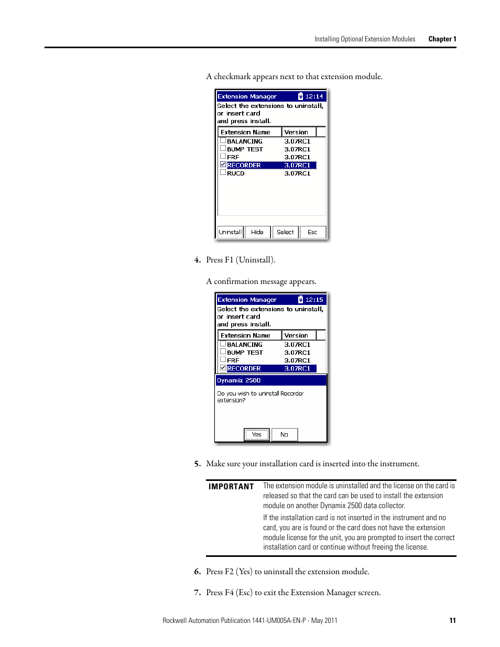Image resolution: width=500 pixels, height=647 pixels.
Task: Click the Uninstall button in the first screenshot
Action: (230, 232)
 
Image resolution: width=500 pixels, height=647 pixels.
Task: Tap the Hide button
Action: (257, 232)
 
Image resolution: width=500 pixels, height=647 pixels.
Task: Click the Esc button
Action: (312, 232)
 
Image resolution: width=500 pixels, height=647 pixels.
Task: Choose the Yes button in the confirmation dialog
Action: (257, 434)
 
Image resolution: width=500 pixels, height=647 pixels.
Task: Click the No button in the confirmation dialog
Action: (284, 434)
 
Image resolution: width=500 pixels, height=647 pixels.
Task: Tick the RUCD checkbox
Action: (223, 172)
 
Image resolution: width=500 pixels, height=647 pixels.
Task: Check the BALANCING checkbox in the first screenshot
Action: (223, 140)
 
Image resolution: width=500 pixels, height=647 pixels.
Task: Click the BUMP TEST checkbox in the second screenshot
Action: (223, 352)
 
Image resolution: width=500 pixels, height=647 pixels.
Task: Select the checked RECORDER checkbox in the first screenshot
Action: (223, 165)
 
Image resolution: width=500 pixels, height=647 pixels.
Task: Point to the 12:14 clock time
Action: (314, 96)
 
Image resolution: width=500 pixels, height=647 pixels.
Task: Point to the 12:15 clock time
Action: (314, 300)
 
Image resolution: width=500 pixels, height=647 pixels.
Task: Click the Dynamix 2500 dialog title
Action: (239, 380)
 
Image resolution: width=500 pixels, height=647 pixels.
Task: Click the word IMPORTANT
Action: (231, 487)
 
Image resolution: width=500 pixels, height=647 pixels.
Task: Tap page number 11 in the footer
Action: (452, 620)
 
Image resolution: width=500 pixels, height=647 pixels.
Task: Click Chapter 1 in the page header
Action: (442, 39)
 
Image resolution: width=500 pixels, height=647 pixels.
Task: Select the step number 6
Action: (197, 572)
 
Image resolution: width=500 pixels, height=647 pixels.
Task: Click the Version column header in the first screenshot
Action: (297, 132)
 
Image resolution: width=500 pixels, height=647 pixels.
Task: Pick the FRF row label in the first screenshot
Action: (233, 157)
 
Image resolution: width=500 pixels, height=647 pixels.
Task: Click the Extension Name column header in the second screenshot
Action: (245, 335)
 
